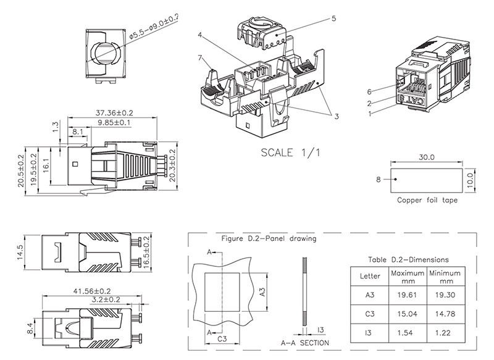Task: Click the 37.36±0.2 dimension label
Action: [x=114, y=112]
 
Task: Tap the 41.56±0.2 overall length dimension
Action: [x=92, y=291]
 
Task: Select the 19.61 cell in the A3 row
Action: [x=407, y=295]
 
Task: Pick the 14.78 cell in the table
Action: [x=445, y=314]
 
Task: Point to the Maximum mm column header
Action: [x=408, y=277]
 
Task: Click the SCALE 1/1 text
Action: [x=290, y=153]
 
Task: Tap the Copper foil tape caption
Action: [x=427, y=200]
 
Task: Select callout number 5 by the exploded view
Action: [x=334, y=19]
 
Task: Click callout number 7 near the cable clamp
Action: [x=199, y=57]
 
